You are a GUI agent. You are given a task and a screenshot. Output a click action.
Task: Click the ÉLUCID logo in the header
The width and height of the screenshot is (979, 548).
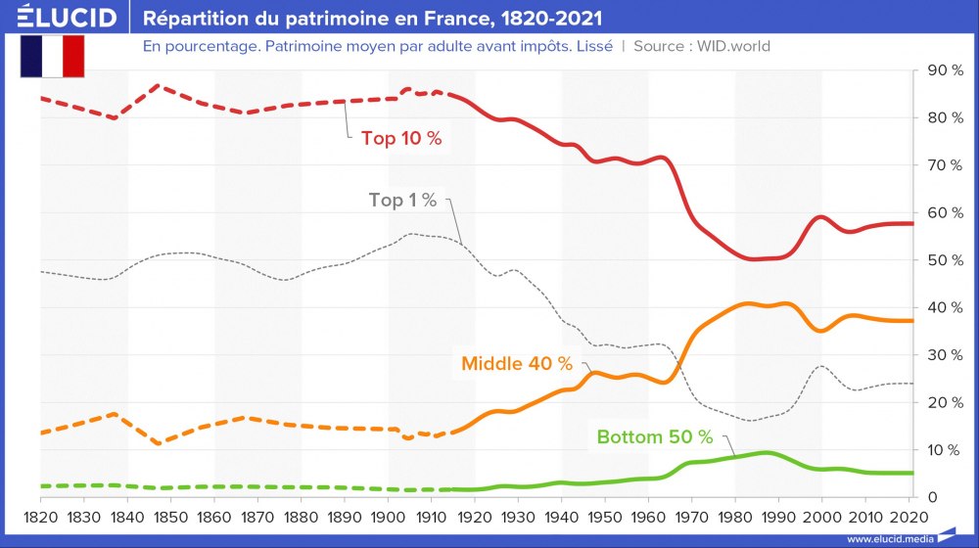pos(60,18)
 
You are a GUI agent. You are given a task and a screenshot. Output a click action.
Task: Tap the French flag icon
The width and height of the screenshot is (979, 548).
pos(52,56)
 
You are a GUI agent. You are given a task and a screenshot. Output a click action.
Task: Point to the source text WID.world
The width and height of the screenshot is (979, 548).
pos(735,46)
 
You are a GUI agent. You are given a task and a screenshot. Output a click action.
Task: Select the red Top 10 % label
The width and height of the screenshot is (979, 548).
pos(401,139)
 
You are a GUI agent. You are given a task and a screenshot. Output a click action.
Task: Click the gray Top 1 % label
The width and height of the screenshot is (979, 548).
pos(402,200)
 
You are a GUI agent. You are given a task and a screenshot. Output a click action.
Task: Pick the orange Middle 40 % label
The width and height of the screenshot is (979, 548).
pos(516,363)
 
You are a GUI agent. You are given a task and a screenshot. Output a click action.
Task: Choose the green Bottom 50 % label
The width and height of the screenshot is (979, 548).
pos(654,436)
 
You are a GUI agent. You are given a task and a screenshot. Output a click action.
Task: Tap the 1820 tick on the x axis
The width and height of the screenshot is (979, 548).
pos(39,516)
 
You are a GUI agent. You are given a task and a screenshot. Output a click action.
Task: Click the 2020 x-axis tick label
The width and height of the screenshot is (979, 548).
pos(909,516)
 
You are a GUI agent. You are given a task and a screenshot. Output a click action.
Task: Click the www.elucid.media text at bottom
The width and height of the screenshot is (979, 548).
pos(889,538)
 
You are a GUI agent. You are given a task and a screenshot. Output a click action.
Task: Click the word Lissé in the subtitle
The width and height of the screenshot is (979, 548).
pos(591,46)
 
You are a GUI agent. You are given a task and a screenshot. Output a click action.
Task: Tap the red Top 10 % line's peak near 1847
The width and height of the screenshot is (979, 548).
pos(159,86)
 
